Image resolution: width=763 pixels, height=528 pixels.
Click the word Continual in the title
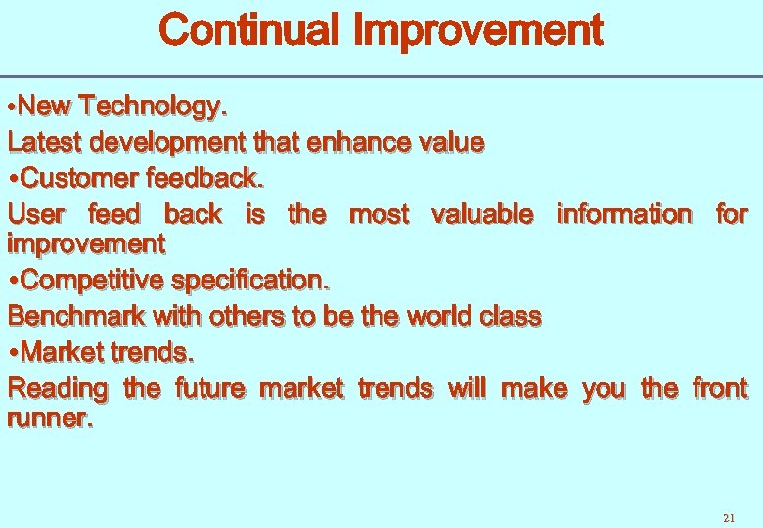pos(250,30)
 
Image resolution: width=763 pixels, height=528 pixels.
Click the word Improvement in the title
pos(477,30)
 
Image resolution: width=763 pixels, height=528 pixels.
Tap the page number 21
pos(727,517)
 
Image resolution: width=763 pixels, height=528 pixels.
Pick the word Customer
pos(79,178)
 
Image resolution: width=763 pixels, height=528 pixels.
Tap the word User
pos(36,214)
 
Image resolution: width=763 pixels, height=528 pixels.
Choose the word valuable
pos(482,214)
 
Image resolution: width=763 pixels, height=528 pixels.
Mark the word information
pos(623,214)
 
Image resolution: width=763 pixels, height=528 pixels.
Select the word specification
pos(250,280)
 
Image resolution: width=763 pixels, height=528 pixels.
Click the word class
pos(511,316)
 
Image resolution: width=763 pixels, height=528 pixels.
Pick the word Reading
pos(58,388)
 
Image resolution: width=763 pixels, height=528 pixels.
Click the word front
pos(720,388)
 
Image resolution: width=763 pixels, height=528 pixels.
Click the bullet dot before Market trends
pos(13,353)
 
